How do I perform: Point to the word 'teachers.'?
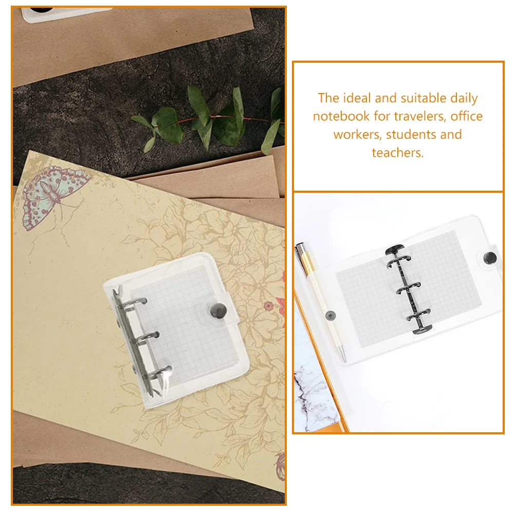(398, 153)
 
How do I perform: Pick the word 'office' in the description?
(466, 116)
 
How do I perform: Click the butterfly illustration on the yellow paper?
(56, 196)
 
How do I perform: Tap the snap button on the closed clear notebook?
(218, 310)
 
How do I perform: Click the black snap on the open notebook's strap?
(490, 258)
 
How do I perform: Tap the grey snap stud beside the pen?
(330, 316)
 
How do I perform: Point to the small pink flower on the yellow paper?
(268, 306)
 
